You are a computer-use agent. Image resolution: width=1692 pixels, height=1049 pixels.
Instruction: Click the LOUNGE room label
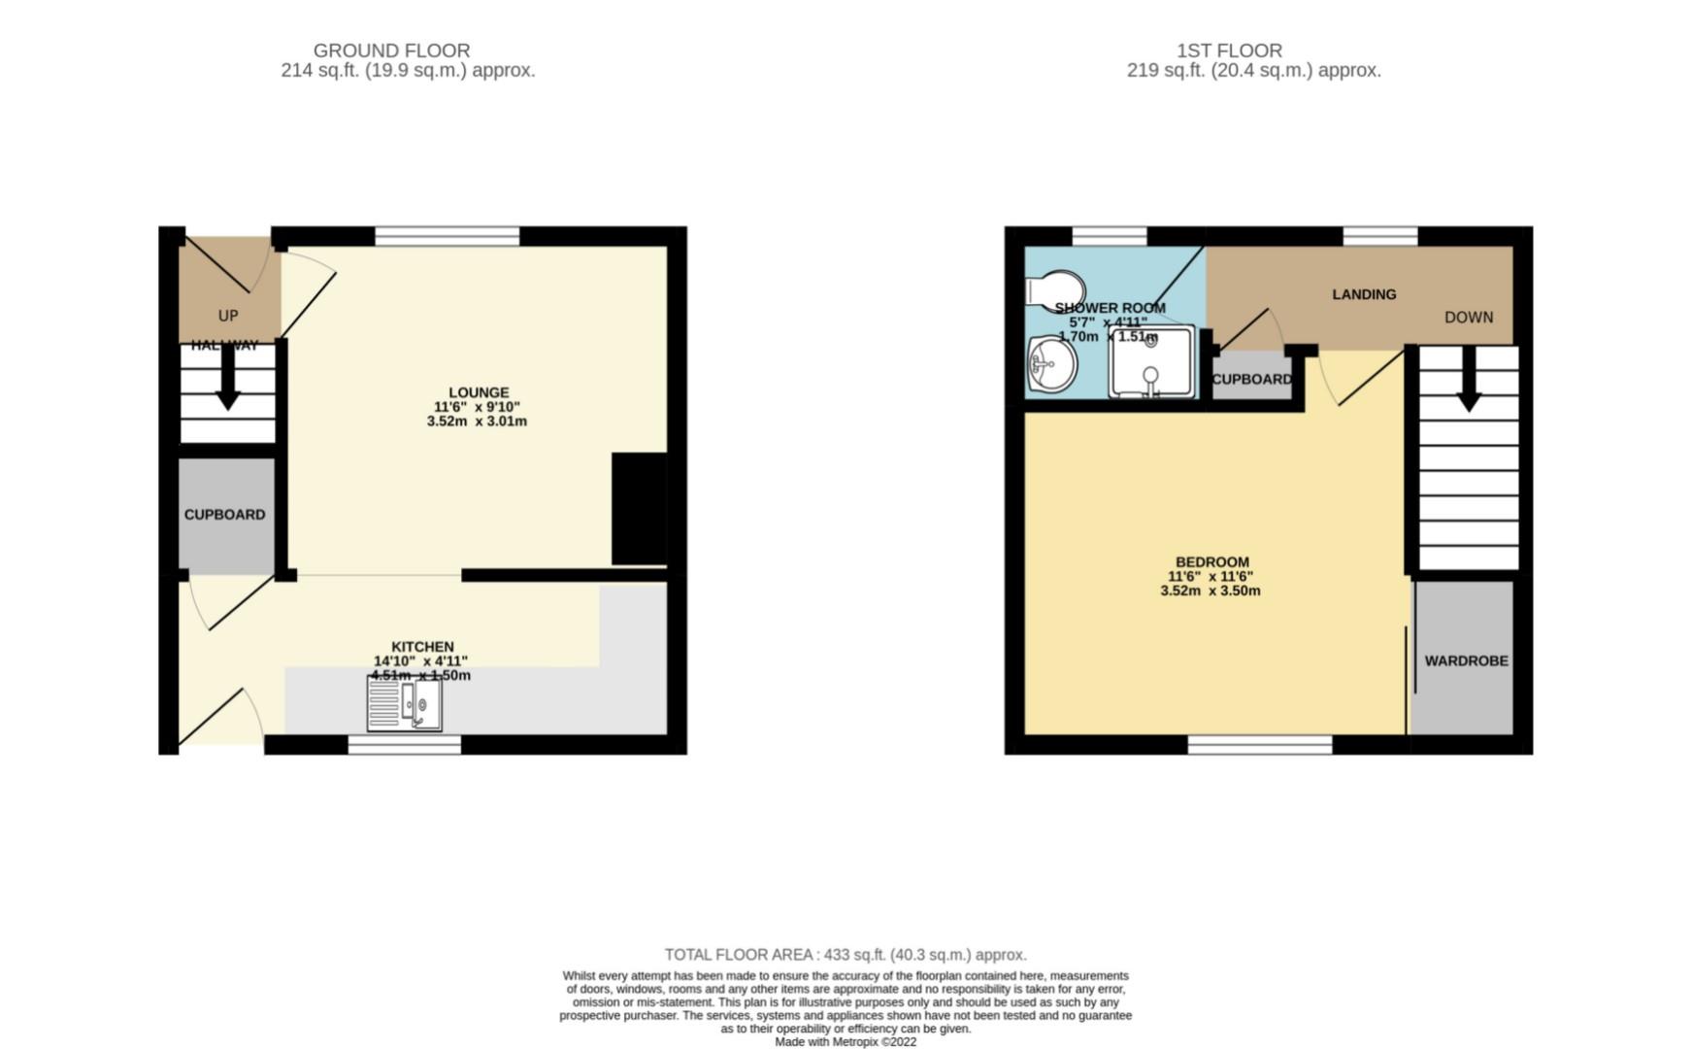coord(479,393)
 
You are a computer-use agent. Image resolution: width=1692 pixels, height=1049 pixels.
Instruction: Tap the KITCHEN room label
coord(422,647)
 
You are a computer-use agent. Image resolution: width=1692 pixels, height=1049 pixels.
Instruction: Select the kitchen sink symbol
coord(405,703)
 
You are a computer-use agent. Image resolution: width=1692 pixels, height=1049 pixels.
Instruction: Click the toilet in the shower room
coord(1053,288)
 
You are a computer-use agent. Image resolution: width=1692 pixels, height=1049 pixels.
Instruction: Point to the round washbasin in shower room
coord(1051,366)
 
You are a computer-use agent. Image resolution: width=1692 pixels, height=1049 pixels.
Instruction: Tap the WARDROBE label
coord(1466,660)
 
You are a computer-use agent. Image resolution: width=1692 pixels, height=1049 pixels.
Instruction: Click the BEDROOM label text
coord(1211,562)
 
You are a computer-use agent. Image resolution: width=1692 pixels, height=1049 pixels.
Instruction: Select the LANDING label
coord(1364,294)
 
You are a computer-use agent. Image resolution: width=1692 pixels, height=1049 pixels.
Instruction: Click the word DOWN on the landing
coord(1468,318)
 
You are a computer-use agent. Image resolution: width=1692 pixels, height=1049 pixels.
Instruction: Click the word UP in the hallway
coord(228,316)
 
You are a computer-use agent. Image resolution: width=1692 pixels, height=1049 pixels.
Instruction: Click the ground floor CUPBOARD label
coord(224,515)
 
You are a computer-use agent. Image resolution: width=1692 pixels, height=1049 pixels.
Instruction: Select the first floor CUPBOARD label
coord(1251,380)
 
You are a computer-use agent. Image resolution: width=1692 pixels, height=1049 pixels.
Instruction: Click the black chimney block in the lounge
coord(639,508)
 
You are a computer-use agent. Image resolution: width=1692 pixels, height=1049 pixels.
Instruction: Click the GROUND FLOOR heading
coord(391,51)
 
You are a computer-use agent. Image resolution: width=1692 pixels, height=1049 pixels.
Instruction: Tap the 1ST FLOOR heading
coord(1229,51)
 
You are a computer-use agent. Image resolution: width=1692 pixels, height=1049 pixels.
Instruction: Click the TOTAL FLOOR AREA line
coord(845,955)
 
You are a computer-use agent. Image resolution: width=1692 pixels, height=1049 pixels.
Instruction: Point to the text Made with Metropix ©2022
coord(845,1042)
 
